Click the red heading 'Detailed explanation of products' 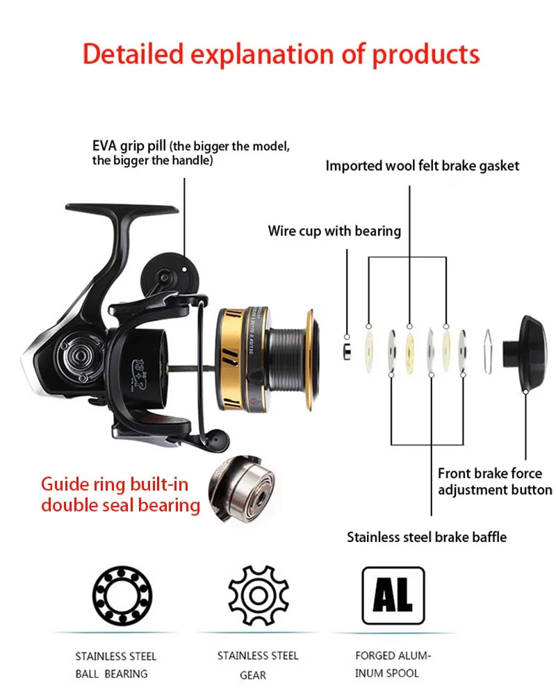point(281,54)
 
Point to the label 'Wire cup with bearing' point(334,231)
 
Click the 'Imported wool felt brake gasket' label point(423,166)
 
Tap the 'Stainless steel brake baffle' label point(427,536)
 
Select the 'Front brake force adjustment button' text point(494,482)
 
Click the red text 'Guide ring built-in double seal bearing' point(120,494)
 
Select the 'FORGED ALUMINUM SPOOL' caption point(393,664)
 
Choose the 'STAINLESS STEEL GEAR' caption point(258,664)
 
